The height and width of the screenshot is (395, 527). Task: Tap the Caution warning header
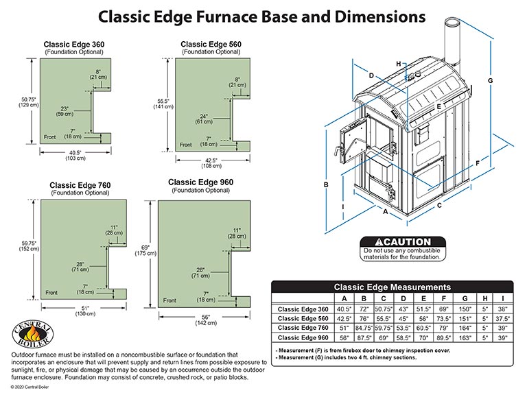click(x=403, y=242)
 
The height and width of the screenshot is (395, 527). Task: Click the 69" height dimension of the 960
click(x=145, y=249)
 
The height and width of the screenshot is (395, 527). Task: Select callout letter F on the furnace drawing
click(x=476, y=163)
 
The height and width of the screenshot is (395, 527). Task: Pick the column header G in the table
click(x=465, y=298)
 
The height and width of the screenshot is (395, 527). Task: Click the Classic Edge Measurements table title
click(x=392, y=287)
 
